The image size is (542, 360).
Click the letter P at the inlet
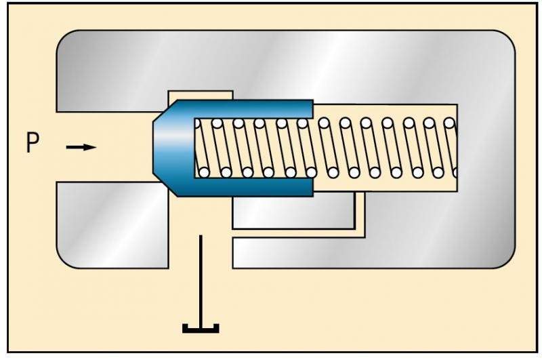(33, 145)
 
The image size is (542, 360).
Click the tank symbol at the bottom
(201, 329)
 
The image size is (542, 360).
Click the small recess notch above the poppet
(201, 94)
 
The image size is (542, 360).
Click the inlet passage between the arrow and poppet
(125, 146)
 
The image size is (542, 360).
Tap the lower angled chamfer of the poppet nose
(163, 181)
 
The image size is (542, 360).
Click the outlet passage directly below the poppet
(201, 217)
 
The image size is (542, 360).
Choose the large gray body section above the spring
(285, 64)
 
